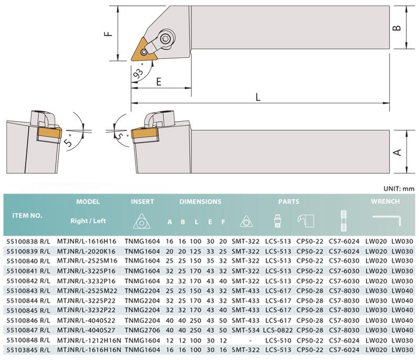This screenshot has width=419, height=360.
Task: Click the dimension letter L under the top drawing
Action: click(x=258, y=97)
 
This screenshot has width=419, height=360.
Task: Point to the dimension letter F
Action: click(x=108, y=34)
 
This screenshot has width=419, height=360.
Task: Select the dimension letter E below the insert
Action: click(x=159, y=81)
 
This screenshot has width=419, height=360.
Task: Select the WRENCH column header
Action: click(x=385, y=202)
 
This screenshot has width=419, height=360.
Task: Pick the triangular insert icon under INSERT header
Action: click(x=142, y=221)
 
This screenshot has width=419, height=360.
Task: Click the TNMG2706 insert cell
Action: click(x=142, y=330)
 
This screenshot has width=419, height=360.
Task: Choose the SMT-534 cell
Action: click(x=246, y=330)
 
